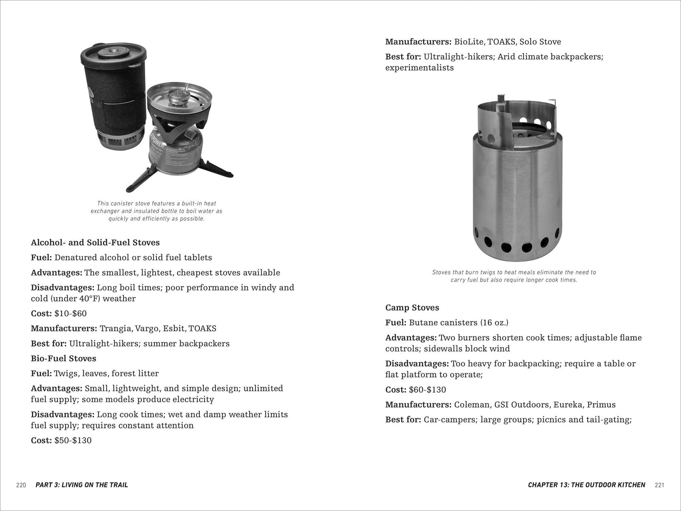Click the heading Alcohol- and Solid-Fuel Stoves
tap(95, 243)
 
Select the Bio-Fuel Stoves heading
tap(64, 358)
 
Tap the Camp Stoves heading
tap(412, 308)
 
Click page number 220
tap(21, 485)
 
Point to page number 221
tap(660, 485)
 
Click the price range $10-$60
tap(70, 313)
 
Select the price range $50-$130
tap(73, 440)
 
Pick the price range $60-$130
tap(427, 390)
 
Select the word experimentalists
tap(419, 68)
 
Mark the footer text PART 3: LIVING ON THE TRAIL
tap(82, 485)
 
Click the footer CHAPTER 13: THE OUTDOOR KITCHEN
tap(586, 485)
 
